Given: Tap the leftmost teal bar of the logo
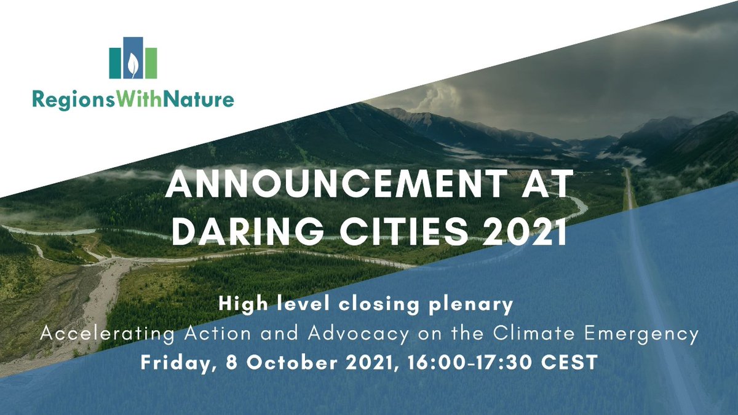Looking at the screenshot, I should coord(115,63).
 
